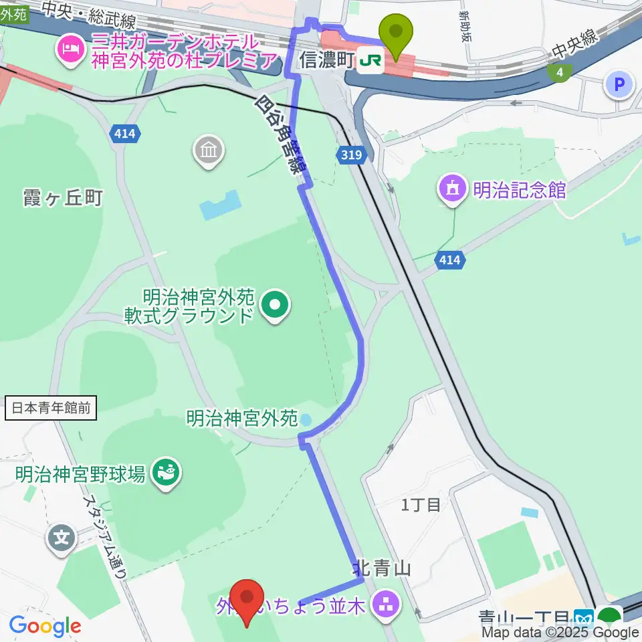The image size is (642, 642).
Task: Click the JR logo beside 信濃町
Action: tap(370, 61)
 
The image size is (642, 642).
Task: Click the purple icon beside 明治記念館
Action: tap(453, 190)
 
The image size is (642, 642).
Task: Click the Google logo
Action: tap(45, 626)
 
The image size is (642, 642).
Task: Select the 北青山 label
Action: tap(381, 569)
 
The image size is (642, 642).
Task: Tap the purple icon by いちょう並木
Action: tap(387, 606)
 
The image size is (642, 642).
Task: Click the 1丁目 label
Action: tap(421, 505)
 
